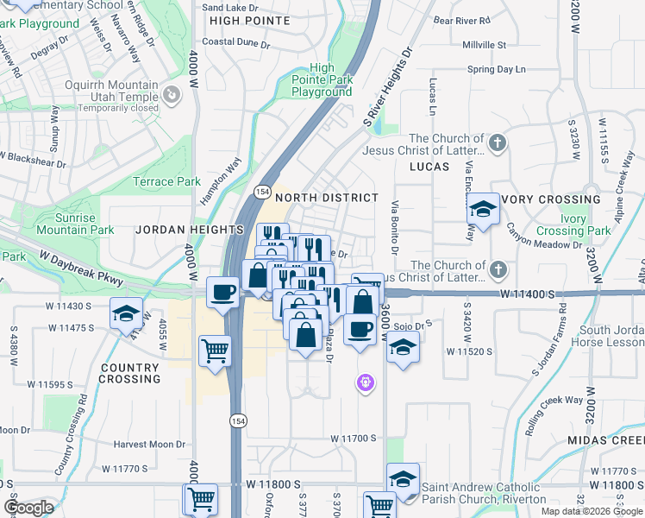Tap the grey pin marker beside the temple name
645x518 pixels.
tap(172, 94)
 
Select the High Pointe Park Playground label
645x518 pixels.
tap(322, 79)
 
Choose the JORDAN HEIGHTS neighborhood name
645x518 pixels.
tap(190, 230)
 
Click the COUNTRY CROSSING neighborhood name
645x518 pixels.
tap(130, 373)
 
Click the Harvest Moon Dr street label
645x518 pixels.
tap(149, 445)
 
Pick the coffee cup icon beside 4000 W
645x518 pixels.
tap(223, 291)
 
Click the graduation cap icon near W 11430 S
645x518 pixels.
tap(126, 314)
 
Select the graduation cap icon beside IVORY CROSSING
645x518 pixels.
tap(483, 209)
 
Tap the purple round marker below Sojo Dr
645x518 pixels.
tap(366, 382)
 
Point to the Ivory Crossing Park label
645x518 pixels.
tap(573, 225)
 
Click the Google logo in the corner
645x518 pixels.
tap(29, 508)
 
